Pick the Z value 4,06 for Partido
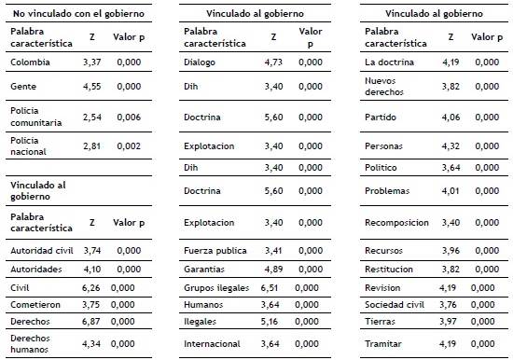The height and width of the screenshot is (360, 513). click(x=451, y=117)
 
